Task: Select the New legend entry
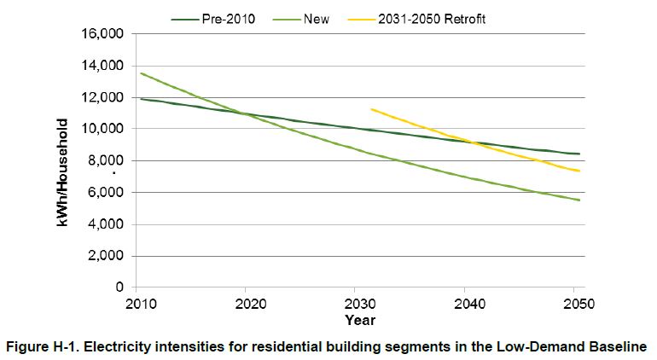tap(317, 18)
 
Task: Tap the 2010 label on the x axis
tap(137, 304)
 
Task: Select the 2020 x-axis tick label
tap(247, 304)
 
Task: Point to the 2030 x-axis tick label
tap(354, 304)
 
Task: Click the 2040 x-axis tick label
tap(464, 304)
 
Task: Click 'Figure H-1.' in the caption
tap(49, 345)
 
